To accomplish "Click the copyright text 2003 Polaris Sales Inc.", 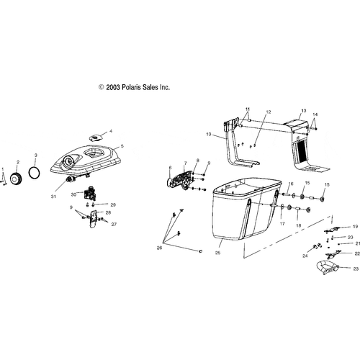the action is pos(134,87).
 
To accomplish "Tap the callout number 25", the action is pos(217,253).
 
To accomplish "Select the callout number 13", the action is pos(304,111).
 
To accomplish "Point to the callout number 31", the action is pos(53,197).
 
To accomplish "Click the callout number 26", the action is pos(159,248).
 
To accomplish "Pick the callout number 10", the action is pos(209,134).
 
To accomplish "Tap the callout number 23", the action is pos(356,269).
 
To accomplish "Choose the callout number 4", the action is pos(111,131).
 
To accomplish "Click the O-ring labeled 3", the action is pos(35,172).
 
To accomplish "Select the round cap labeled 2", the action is pos(17,179).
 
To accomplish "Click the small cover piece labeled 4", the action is pos(96,138).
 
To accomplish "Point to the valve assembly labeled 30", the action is pos(90,193).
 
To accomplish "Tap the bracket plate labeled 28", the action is pos(93,219).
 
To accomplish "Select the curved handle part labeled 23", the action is pos(328,267).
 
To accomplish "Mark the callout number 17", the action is pos(282,224).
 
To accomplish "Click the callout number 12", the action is pos(269,112).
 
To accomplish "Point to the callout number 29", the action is pos(113,204).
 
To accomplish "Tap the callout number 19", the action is pos(356,226).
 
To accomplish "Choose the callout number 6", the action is pos(170,168).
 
